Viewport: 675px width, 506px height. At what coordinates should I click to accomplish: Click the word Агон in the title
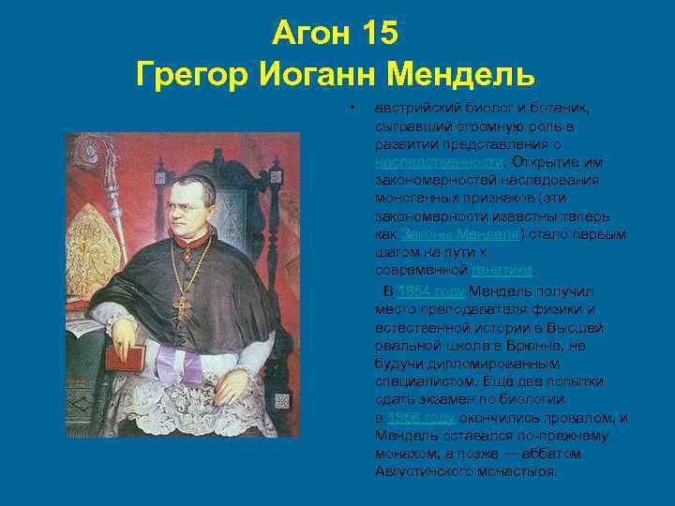click(x=308, y=34)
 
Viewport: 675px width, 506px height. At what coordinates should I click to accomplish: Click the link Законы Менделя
click(x=458, y=234)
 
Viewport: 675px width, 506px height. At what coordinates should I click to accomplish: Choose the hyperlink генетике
click(x=502, y=271)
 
